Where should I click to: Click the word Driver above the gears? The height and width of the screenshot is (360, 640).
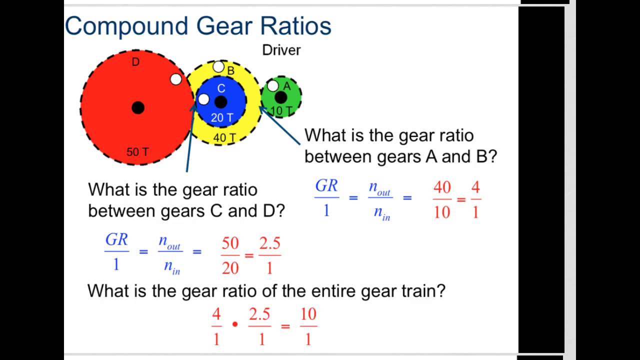click(x=281, y=50)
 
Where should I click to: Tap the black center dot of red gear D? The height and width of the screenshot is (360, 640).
click(x=138, y=107)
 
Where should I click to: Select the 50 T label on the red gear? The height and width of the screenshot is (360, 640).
click(x=137, y=152)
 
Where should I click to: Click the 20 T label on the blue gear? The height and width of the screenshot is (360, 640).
click(x=221, y=118)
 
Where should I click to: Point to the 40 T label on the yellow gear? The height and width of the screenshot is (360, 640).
click(x=224, y=137)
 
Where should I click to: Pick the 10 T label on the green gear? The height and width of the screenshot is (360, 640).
click(x=281, y=111)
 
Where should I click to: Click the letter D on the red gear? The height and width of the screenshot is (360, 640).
click(x=135, y=62)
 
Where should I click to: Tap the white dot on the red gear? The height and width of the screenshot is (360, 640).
click(x=176, y=79)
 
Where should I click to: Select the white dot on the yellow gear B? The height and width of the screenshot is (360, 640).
click(x=218, y=67)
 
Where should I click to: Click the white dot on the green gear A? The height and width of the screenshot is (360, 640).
click(x=272, y=86)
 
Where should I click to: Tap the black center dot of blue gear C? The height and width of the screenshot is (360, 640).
click(x=220, y=102)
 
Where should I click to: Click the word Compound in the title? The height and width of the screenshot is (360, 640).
click(x=126, y=26)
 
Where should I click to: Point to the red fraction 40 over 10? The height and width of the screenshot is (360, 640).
click(x=442, y=200)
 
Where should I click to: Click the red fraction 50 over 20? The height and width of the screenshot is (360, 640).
click(x=230, y=256)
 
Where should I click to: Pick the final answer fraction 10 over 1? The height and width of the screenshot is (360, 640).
click(x=308, y=327)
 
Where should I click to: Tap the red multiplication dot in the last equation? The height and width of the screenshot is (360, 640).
click(x=235, y=324)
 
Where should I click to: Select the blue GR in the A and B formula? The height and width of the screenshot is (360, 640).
click(x=326, y=186)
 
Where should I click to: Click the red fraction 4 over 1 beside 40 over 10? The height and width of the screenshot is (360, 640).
click(x=475, y=200)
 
